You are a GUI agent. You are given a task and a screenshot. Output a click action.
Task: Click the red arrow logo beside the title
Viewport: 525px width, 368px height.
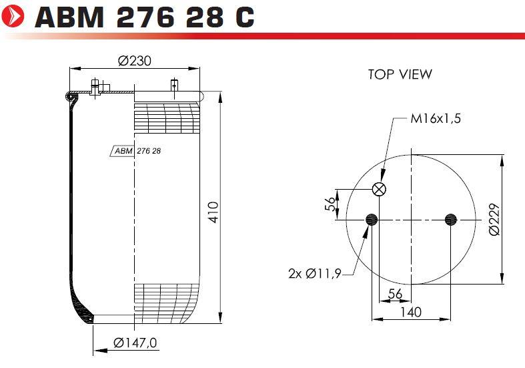click(x=13, y=15)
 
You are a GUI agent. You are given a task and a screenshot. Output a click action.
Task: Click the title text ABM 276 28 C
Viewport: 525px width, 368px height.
click(x=144, y=17)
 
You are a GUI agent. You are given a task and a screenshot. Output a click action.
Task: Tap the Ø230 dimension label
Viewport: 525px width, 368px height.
click(x=135, y=61)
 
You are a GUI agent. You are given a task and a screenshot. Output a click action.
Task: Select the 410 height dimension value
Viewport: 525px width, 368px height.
click(x=213, y=212)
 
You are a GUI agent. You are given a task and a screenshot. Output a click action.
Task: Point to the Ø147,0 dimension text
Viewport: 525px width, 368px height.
click(x=135, y=343)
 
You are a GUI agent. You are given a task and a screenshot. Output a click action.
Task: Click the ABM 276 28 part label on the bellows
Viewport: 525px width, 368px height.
click(x=137, y=151)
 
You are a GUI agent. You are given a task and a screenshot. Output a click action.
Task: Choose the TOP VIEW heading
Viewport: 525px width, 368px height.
click(x=400, y=74)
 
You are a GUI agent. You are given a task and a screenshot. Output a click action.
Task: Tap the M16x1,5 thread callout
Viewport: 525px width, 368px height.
click(x=436, y=118)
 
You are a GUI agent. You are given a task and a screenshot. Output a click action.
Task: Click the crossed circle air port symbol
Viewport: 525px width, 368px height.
click(x=379, y=189)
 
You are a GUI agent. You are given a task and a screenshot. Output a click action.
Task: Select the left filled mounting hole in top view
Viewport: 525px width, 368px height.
click(x=372, y=220)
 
